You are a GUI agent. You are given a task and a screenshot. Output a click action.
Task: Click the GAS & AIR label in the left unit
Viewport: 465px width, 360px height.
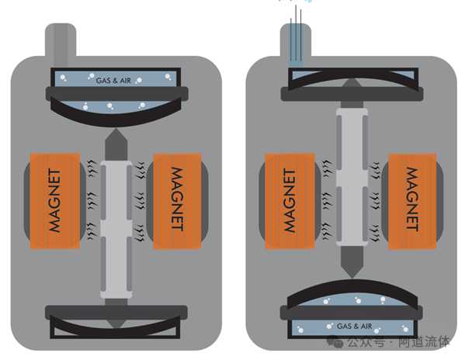click(x=113, y=80)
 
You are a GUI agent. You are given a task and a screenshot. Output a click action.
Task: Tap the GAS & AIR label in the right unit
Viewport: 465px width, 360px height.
click(x=355, y=326)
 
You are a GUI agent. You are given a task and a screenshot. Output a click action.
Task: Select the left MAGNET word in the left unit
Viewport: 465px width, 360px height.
click(x=54, y=201)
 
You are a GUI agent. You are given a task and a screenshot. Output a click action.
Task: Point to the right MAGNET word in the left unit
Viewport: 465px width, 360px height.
click(x=177, y=199)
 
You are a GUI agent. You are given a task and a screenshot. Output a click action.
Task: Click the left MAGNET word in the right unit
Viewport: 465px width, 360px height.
click(x=290, y=201)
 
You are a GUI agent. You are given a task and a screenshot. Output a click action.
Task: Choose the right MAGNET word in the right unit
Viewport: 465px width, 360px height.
click(x=412, y=199)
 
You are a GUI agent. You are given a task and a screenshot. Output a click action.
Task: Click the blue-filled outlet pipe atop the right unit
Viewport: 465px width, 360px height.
click(x=296, y=44)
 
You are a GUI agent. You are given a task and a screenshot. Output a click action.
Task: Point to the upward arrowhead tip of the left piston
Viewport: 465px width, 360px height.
click(x=116, y=129)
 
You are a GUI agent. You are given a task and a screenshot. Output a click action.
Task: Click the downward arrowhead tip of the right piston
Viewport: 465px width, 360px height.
click(x=352, y=279)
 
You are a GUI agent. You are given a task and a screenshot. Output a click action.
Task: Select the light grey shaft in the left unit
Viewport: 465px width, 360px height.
click(x=116, y=230)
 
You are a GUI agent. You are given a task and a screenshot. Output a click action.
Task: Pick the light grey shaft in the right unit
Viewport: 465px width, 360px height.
click(x=352, y=177)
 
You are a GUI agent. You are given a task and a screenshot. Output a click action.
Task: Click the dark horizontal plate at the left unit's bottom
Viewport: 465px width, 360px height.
click(x=116, y=313)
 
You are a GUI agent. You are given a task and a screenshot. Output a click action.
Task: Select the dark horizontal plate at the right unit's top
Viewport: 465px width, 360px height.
click(x=352, y=94)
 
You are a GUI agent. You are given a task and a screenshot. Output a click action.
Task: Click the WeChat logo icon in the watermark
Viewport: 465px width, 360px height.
click(x=335, y=342)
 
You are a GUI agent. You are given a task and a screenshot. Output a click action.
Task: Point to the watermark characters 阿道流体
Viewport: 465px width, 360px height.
click(x=424, y=341)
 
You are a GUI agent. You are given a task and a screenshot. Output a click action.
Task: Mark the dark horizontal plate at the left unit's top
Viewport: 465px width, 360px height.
click(x=117, y=94)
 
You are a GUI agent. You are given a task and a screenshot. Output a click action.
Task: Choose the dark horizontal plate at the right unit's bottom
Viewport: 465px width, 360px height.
click(x=352, y=313)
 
